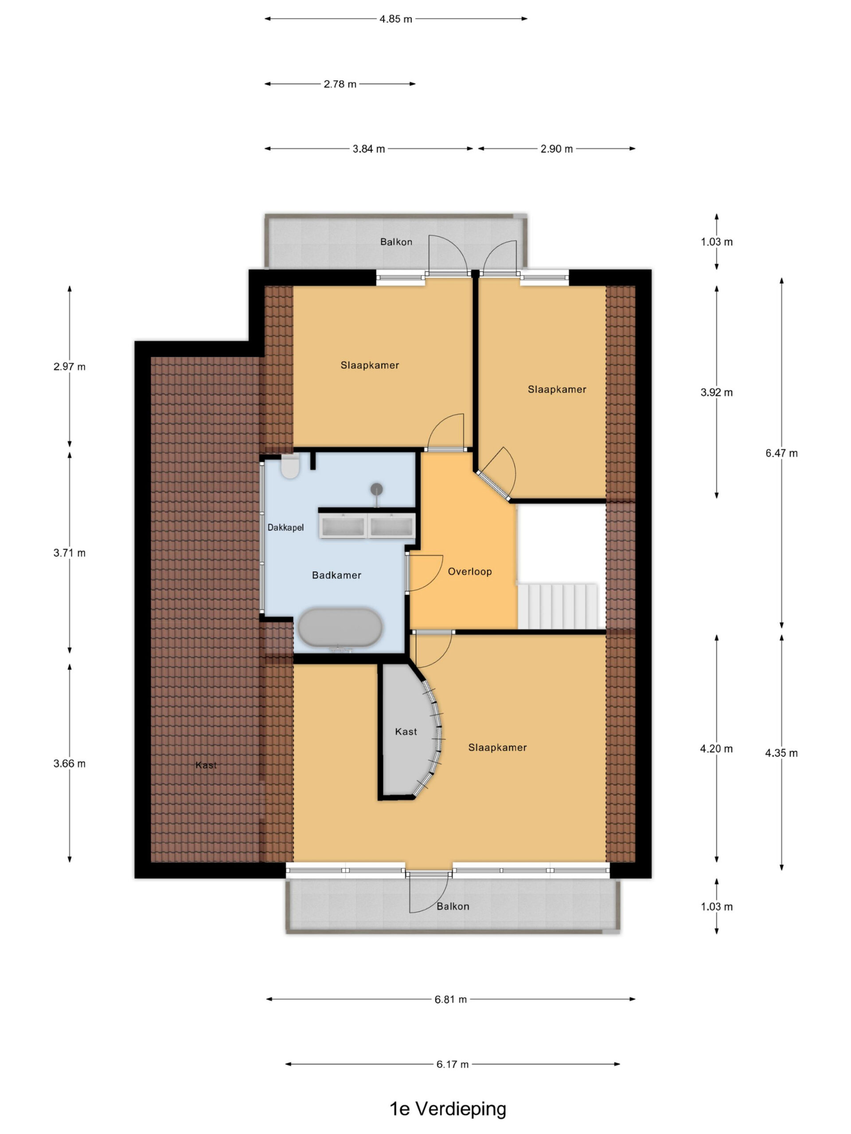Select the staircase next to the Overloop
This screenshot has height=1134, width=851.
[558, 606]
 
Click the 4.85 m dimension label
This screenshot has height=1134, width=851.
[395, 19]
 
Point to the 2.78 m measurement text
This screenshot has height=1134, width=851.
[340, 84]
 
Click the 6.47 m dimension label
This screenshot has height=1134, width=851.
[781, 453]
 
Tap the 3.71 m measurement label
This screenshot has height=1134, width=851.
[69, 553]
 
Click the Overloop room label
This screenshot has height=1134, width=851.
[470, 571]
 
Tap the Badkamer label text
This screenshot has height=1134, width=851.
[336, 575]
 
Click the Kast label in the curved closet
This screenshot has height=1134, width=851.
[406, 732]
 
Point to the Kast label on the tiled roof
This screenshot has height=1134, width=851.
[206, 765]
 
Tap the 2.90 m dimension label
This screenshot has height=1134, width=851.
[557, 149]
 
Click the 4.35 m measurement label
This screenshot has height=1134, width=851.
[781, 753]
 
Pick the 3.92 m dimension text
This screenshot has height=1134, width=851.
[717, 393]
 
